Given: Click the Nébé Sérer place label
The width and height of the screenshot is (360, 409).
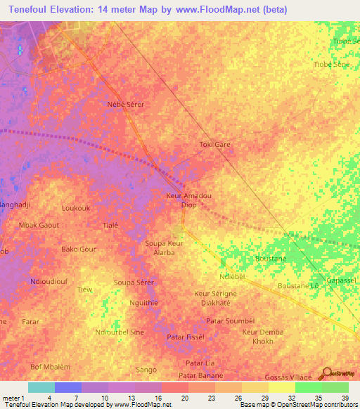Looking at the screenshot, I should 125,104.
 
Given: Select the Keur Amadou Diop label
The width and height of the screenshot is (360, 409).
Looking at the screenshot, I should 188,200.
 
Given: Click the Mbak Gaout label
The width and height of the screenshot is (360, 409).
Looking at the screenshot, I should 39,225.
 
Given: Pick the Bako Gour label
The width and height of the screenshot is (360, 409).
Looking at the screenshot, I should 79,249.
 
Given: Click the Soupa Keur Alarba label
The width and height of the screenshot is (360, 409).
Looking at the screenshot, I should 164,247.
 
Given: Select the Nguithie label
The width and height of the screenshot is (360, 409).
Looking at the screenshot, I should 144,302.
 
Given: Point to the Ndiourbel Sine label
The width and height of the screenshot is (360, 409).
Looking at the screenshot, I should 120,331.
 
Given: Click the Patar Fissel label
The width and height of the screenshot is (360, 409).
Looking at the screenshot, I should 186,337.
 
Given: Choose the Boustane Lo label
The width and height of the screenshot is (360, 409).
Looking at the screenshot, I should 298,286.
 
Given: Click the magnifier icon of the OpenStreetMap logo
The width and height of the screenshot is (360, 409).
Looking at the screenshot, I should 328,373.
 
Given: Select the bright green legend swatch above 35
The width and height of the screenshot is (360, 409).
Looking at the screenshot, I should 308,387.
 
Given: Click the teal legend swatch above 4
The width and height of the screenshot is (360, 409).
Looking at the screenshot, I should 41,387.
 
